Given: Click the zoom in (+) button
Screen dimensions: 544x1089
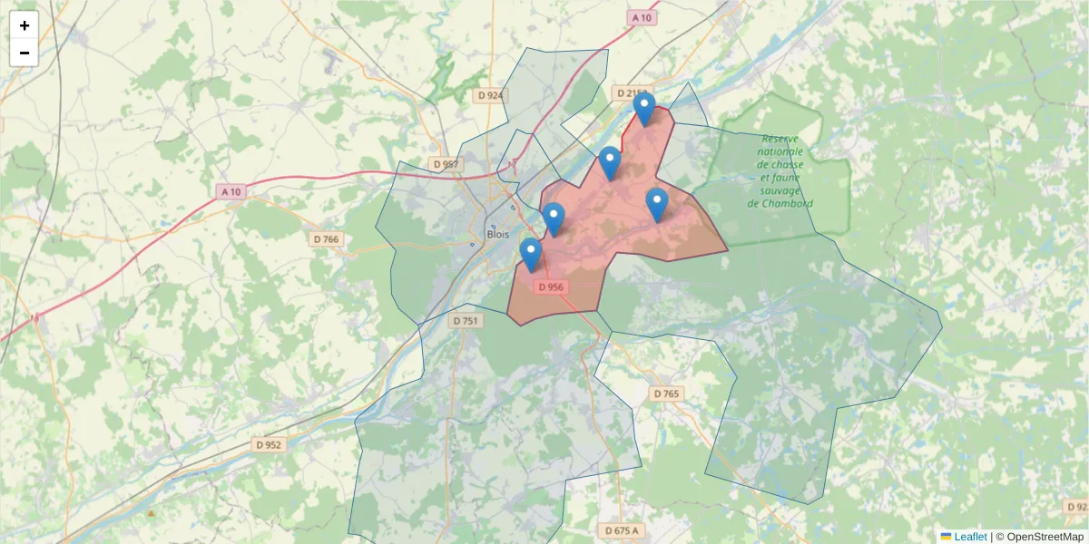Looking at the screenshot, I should (x=25, y=25).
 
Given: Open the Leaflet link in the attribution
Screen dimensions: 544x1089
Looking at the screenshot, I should (x=969, y=537).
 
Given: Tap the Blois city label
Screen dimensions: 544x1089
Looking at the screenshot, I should (x=498, y=233).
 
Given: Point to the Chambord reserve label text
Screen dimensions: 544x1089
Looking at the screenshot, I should (x=780, y=171).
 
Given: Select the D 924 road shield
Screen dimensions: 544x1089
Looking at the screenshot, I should (x=490, y=95).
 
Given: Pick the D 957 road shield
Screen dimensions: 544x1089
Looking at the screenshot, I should (x=446, y=164).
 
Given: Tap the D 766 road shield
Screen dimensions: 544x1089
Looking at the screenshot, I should (x=325, y=239).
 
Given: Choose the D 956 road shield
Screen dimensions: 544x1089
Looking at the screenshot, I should (x=550, y=287).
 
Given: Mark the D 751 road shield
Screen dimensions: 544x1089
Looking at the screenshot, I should (x=465, y=320).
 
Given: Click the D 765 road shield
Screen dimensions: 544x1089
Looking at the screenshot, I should (x=666, y=393).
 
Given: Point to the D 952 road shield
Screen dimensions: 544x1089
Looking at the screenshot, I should (x=270, y=445).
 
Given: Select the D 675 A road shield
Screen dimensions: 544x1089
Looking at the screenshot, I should (x=622, y=530).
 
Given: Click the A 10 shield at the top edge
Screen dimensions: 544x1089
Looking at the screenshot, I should (x=642, y=18).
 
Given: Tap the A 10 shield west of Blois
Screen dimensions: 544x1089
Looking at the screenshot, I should (x=232, y=191).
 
